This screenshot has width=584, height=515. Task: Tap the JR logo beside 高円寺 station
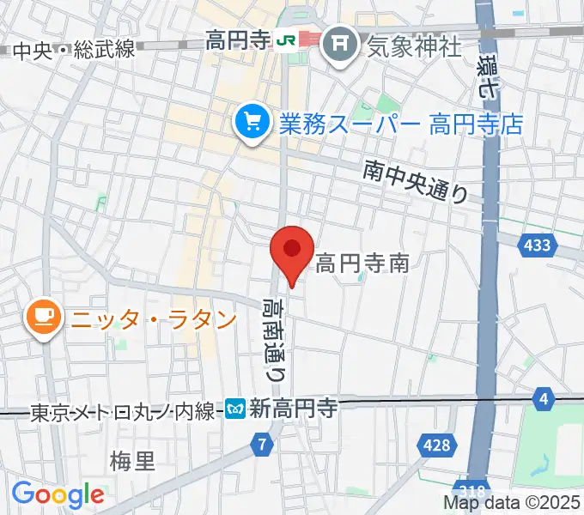285,39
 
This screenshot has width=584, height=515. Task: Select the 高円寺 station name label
238,39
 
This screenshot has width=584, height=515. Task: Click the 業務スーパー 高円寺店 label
400,124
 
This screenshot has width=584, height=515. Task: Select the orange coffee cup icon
43,318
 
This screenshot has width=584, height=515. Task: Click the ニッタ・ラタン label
153,319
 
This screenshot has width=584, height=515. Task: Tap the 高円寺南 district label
362,264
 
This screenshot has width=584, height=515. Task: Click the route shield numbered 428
437,445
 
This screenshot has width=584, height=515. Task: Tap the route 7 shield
263,445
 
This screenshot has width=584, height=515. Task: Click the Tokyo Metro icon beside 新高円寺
236,410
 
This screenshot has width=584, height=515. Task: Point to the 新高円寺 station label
292,410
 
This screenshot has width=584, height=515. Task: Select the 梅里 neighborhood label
132,462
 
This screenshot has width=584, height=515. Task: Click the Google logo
58,494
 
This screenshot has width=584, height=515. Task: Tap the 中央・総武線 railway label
74,50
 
